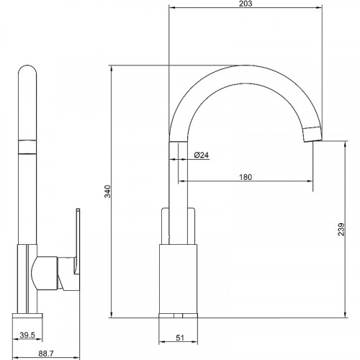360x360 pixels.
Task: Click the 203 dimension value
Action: [x=246, y=4]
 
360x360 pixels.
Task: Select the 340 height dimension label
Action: [x=108, y=192]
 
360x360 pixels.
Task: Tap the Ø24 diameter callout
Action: [x=202, y=155]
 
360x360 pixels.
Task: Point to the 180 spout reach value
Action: [x=246, y=177]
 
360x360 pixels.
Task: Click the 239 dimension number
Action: [x=341, y=230]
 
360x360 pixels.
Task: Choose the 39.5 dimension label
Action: [x=27, y=335]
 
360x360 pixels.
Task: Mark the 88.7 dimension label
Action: [x=46, y=354]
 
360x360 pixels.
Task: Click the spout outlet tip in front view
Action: [x=312, y=134]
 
